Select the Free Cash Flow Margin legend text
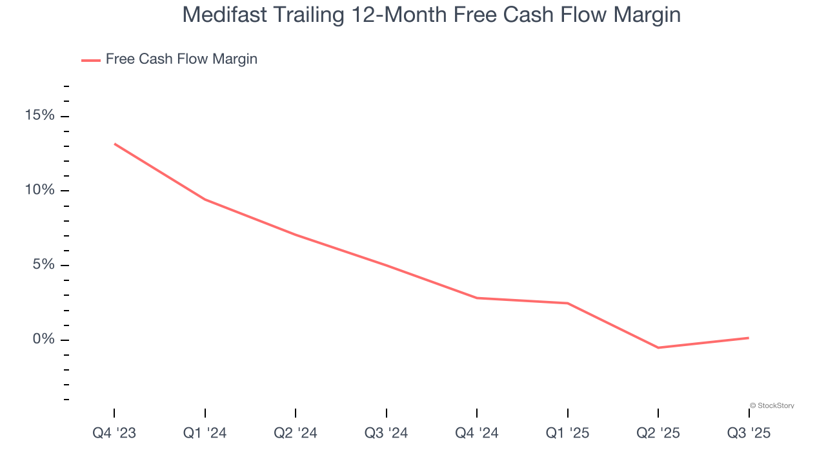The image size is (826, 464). [181, 59]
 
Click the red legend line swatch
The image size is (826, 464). [90, 60]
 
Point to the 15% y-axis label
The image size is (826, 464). [39, 115]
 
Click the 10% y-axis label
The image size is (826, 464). [39, 190]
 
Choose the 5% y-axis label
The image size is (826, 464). [43, 265]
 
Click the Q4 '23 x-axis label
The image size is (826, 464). [114, 433]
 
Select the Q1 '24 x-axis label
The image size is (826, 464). [205, 433]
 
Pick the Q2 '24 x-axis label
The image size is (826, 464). [296, 433]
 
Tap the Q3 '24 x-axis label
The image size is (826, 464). [386, 433]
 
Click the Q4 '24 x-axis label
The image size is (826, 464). [477, 433]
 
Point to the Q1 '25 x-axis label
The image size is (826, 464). [567, 433]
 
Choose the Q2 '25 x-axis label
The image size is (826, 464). [658, 433]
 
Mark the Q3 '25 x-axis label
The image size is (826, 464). [749, 433]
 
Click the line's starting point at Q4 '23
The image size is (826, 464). [115, 144]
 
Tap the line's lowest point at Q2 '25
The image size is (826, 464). [658, 348]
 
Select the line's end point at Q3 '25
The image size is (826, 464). [749, 338]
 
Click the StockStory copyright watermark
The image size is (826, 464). [772, 405]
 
